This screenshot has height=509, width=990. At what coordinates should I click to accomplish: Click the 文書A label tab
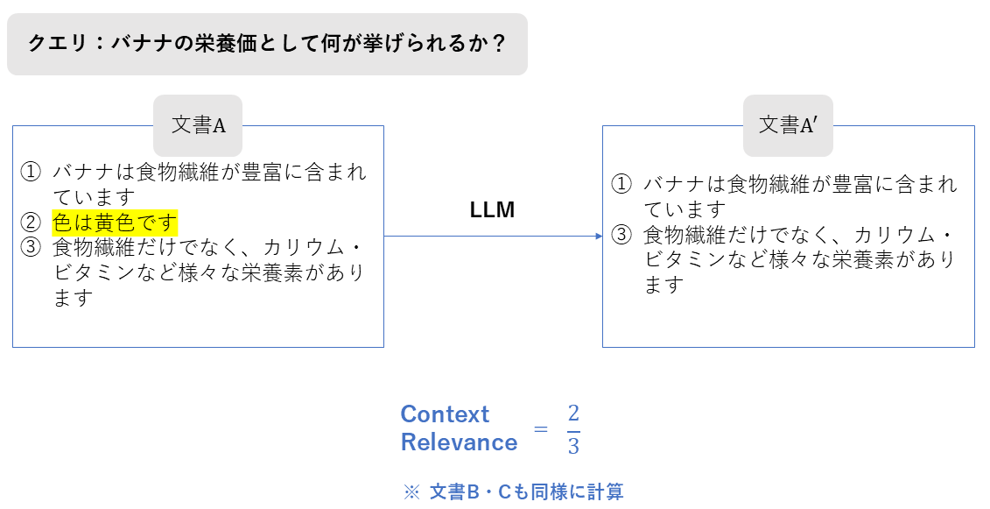198,125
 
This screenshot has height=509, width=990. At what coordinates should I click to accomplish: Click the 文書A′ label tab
788,125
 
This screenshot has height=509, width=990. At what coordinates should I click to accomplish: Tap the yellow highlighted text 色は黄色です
115,223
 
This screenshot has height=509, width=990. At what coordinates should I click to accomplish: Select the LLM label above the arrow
492,210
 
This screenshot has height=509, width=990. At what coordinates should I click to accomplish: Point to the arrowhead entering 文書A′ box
598,236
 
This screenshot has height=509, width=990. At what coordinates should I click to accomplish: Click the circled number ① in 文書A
32,172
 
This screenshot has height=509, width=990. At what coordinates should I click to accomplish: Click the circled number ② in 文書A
32,223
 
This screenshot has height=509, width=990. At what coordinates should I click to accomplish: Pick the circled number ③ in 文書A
32,247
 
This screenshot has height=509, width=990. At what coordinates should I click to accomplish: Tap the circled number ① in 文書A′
621,185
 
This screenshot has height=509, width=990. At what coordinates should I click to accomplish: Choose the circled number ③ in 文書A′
621,235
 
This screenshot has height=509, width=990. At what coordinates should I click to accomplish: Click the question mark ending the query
499,43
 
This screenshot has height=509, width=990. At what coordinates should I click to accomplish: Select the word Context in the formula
445,414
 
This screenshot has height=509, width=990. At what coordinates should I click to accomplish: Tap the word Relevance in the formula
459,442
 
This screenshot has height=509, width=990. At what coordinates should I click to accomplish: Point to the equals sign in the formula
541,429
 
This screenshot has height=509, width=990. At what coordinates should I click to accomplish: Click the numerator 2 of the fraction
573,414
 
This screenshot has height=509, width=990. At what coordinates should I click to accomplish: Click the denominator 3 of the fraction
573,446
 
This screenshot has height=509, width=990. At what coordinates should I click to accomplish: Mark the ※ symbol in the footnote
412,492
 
